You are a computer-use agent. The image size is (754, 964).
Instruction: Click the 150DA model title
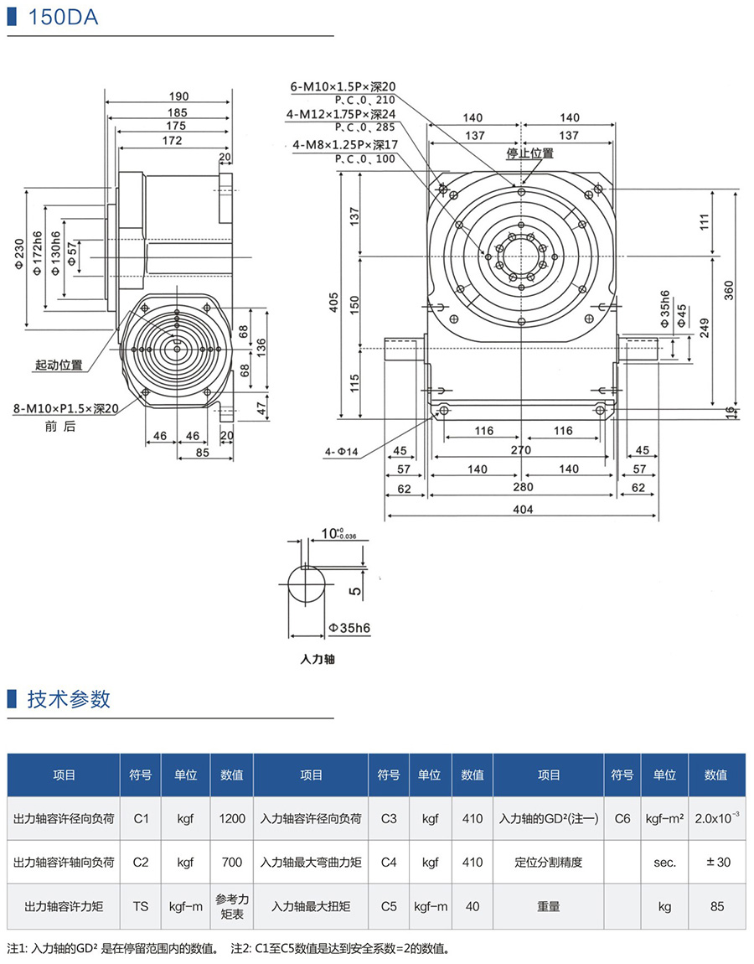pos(62,17)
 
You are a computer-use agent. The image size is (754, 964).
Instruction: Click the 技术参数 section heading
pos(69,699)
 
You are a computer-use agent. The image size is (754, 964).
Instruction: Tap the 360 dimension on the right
pos(728,289)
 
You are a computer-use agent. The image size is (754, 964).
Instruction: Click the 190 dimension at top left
pos(178,96)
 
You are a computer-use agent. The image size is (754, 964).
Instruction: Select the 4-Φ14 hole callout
pos(341,453)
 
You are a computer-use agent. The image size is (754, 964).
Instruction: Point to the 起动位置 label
pos(59,365)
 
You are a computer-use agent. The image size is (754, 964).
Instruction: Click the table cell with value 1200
pos(231,818)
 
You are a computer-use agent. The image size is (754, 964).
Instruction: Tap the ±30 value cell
pos(715,862)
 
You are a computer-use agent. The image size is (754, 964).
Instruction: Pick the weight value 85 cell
pos(715,906)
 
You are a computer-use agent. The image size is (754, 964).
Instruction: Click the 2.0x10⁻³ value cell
pos(716,818)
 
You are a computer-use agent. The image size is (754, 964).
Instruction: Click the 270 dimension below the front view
pos(521,450)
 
